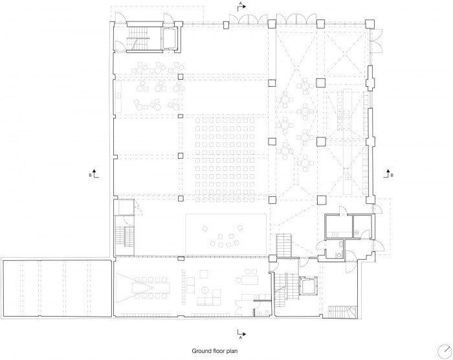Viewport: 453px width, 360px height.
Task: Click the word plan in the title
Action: [x=232, y=351]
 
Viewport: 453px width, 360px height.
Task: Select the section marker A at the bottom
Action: [x=241, y=333]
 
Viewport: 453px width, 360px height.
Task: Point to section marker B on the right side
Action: [x=388, y=174]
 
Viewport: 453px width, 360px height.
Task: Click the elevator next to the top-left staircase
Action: [x=169, y=38]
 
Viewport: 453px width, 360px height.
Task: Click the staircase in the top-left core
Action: [x=138, y=38]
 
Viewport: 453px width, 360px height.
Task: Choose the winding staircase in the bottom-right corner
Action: [x=343, y=311]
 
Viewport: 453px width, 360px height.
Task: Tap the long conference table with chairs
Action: [x=151, y=287]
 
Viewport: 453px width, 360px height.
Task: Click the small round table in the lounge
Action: [x=205, y=289]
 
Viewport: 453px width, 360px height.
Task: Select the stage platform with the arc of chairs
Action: [x=226, y=234]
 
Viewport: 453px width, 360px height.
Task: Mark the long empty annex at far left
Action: [x=57, y=288]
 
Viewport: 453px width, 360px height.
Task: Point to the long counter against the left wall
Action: [x=118, y=96]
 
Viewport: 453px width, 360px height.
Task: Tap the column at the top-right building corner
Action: [x=370, y=24]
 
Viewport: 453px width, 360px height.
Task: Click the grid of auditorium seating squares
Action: [x=225, y=160]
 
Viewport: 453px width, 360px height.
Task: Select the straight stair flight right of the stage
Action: [x=284, y=245]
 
